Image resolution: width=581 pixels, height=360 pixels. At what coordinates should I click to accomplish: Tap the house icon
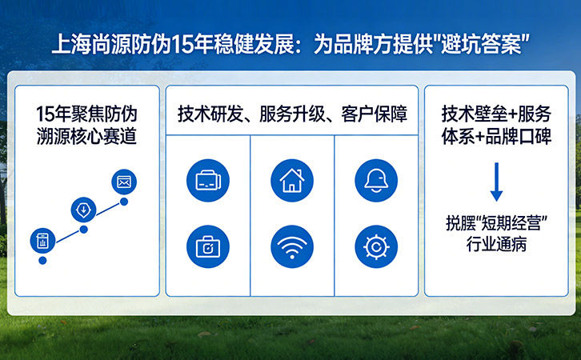click(292, 181)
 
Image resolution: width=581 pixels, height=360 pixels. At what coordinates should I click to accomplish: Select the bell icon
click(375, 181)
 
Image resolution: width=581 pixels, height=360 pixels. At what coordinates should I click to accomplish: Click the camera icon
click(207, 247)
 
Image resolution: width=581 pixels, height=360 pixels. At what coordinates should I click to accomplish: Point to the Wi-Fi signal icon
click(292, 247)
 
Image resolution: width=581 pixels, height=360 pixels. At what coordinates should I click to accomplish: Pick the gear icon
click(375, 247)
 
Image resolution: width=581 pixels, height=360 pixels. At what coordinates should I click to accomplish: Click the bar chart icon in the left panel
click(42, 240)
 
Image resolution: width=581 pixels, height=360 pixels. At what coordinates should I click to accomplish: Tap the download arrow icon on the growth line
click(83, 210)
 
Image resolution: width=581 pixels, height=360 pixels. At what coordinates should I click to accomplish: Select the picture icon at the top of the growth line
click(123, 182)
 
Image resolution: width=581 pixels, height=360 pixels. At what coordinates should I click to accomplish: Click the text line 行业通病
click(496, 245)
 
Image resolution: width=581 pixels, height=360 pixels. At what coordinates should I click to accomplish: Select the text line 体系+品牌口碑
click(496, 135)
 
